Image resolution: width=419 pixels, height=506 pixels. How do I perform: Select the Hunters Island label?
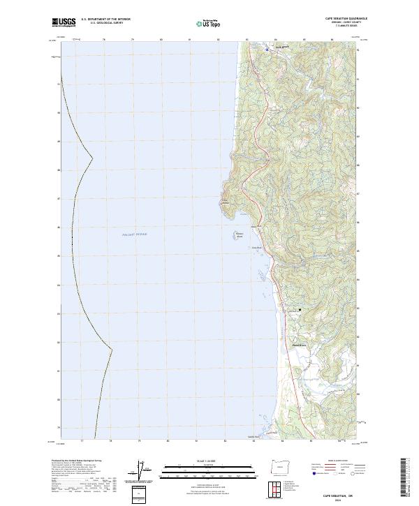tap(238, 235)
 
